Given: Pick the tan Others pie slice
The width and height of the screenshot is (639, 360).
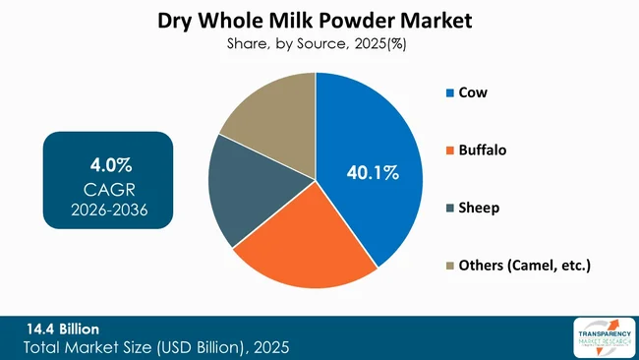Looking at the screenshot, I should tap(270, 113).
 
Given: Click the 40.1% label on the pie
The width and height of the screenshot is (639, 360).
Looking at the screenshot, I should tap(373, 173).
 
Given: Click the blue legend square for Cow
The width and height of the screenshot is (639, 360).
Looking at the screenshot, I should tap(450, 93).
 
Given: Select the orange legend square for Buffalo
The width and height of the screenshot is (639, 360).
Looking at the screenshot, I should tap(450, 150).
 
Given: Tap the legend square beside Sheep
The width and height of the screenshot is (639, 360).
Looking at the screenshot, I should tap(450, 208).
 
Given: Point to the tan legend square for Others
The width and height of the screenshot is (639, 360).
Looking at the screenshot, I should tap(450, 266).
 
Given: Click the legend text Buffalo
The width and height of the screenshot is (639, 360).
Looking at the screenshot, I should tap(487, 150).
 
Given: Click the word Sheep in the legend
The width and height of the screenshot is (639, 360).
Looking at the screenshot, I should tap(481, 208).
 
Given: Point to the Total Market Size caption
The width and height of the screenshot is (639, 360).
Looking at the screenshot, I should tap(156, 347).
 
